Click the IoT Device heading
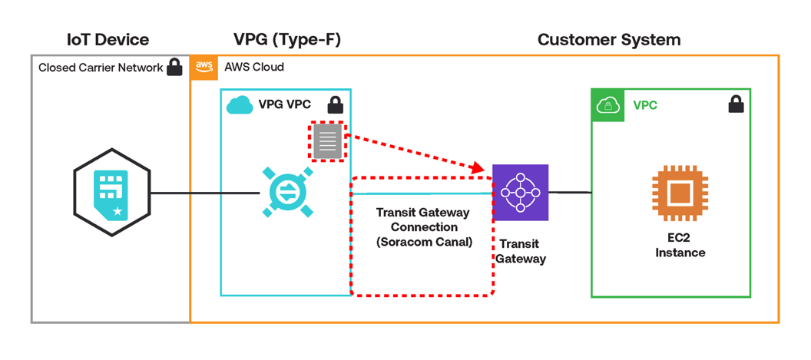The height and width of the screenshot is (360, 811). pyautogui.click(x=108, y=39)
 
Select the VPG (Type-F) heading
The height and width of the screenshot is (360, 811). pyautogui.click(x=288, y=39)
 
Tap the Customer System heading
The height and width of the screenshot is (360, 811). pyautogui.click(x=608, y=39)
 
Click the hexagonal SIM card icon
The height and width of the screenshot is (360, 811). pyautogui.click(x=111, y=193)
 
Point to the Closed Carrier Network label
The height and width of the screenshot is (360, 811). pyautogui.click(x=101, y=68)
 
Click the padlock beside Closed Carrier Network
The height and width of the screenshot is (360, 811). pyautogui.click(x=174, y=67)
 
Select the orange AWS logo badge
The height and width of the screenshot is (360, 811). pyautogui.click(x=204, y=67)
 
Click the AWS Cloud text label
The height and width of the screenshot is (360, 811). pyautogui.click(x=254, y=67)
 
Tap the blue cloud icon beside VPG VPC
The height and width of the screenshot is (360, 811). pyautogui.click(x=240, y=104)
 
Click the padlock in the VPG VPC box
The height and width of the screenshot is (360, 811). pyautogui.click(x=335, y=104)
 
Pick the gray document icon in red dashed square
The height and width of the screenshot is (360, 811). pyautogui.click(x=328, y=141)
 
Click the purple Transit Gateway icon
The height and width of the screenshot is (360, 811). pyautogui.click(x=521, y=192)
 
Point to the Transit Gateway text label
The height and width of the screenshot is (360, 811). pyautogui.click(x=520, y=251)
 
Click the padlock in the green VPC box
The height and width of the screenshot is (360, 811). pyautogui.click(x=735, y=104)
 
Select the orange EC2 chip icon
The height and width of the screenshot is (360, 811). pyautogui.click(x=680, y=193)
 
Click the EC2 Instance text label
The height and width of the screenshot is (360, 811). pyautogui.click(x=680, y=245)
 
